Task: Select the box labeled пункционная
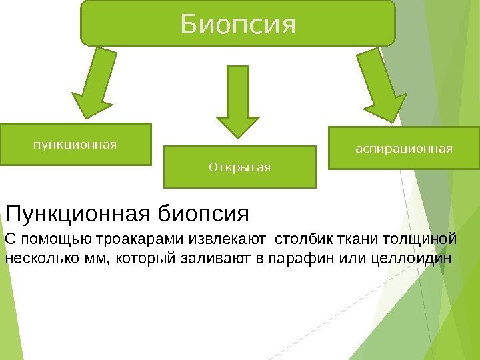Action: pyautogui.click(x=75, y=143)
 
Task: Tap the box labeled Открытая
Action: pyautogui.click(x=239, y=166)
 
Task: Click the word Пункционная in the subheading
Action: pyautogui.click(x=79, y=215)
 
